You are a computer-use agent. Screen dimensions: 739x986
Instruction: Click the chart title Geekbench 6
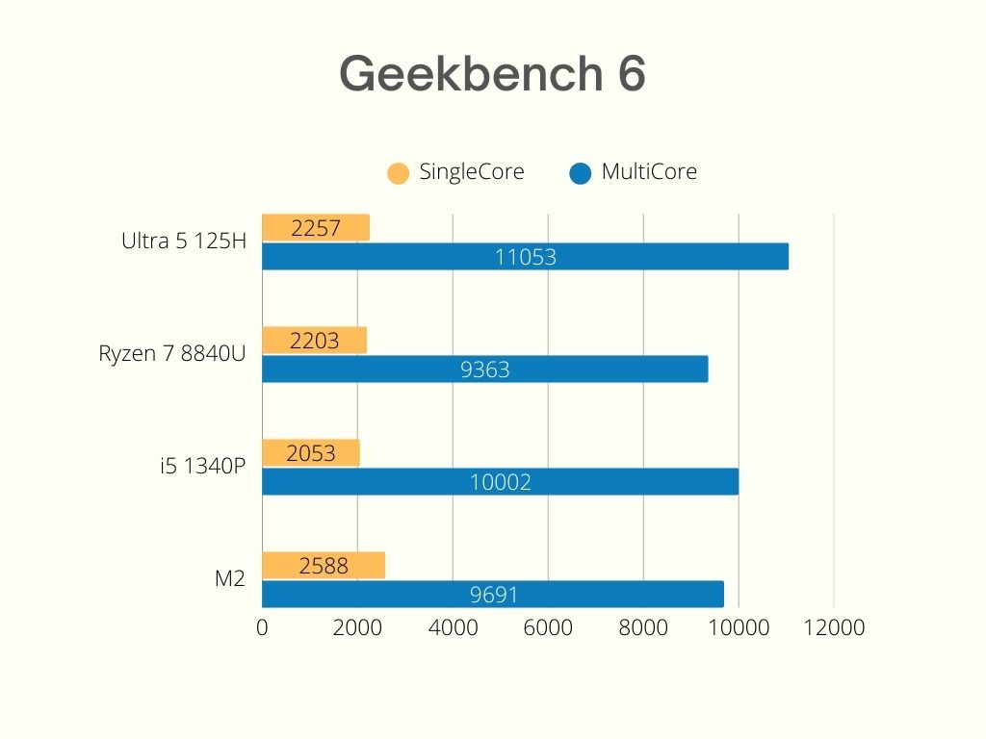pos(492,73)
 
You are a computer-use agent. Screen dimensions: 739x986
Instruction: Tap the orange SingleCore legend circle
pos(397,173)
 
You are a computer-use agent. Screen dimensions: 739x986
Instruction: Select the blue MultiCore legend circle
pos(580,173)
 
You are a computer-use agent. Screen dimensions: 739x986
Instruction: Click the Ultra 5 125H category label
pos(184,242)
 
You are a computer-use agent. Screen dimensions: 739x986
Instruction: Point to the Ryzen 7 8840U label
pos(172,354)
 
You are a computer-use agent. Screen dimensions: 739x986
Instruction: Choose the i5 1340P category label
pos(203,467)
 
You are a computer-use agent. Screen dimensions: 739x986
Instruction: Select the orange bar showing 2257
pos(315,228)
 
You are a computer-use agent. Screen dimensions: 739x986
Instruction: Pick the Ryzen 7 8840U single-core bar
pos(314,341)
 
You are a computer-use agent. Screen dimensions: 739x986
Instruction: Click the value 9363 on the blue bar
pos(484,369)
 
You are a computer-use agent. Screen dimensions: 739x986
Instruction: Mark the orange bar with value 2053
pos(310,453)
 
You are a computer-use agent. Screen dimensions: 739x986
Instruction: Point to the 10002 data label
pos(500,482)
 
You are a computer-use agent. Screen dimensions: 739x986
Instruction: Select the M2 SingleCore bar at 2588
pos(323,566)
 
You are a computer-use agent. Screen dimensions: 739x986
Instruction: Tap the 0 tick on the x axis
pos(262,628)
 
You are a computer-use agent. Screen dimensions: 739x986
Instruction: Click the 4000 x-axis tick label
pos(453,628)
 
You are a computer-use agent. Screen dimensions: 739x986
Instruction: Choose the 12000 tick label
pos(833,628)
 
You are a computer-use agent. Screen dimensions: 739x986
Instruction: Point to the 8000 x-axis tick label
pos(643,628)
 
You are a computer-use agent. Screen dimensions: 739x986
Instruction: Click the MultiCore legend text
pos(648,172)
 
